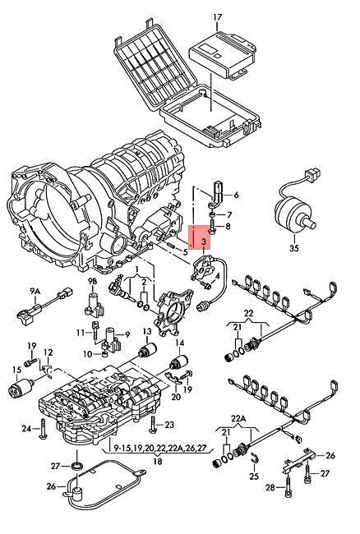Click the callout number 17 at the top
[x=218, y=16]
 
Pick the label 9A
[x=34, y=292]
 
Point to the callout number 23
[x=169, y=424]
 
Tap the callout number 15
[x=16, y=370]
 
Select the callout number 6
[x=236, y=196]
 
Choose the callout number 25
[x=254, y=475]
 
